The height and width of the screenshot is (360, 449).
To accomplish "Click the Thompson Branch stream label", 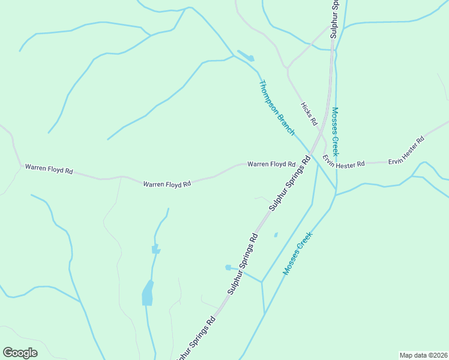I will click(277, 107).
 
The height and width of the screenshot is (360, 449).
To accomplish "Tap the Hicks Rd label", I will click(309, 113).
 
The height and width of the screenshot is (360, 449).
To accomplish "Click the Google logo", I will click(20, 353).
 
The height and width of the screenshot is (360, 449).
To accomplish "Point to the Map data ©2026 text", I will click(423, 355).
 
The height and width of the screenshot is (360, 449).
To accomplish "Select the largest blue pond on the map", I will click(148, 293).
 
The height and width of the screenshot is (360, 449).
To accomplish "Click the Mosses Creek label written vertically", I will click(336, 131).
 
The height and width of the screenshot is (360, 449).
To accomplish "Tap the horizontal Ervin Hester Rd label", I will click(343, 161).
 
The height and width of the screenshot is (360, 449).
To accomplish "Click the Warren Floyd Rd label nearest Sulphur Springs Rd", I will click(271, 164).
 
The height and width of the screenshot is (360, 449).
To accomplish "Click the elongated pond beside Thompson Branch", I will click(246, 56).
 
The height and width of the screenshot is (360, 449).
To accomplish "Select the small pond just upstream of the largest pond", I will click(155, 249).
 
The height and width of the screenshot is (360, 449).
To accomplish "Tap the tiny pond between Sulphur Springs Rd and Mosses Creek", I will click(276, 235).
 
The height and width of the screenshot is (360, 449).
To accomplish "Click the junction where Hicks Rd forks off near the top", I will click(288, 67).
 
